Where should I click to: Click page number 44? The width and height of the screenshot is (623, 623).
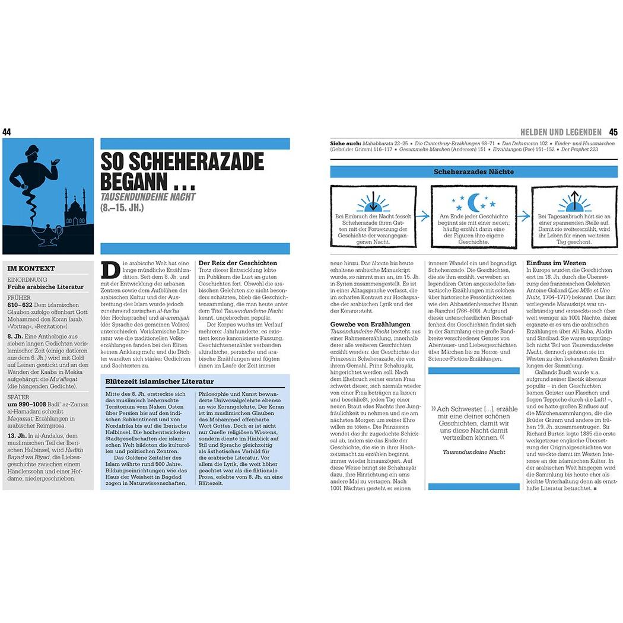click(x=7, y=132)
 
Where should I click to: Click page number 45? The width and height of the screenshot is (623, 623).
click(x=613, y=132)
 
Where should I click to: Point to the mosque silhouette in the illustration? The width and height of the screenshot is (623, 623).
click(x=75, y=212)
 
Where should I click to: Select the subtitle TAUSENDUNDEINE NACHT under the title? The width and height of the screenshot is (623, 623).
click(x=148, y=196)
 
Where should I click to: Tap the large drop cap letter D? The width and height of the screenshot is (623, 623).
click(x=110, y=271)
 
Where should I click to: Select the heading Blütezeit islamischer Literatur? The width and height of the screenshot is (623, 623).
click(x=159, y=382)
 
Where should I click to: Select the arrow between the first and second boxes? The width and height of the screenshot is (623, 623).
click(x=422, y=217)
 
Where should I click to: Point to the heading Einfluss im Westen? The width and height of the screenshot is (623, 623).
click(x=556, y=263)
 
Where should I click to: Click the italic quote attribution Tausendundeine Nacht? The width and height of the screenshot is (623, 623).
click(x=473, y=452)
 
